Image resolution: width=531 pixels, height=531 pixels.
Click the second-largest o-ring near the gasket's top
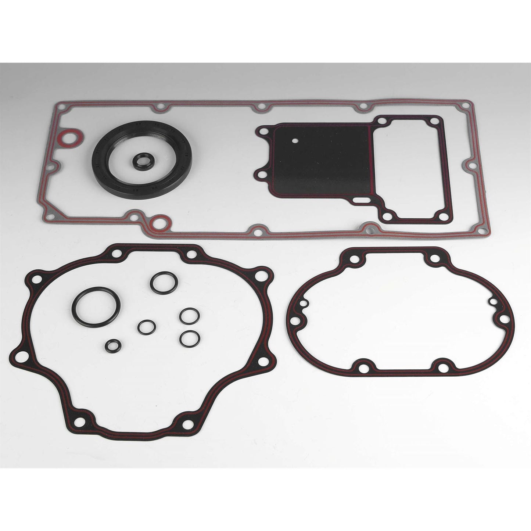tap(164, 283)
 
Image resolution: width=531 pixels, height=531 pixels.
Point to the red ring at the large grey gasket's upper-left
tap(69, 138)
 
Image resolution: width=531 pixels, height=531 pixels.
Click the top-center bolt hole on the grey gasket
tap(261, 107)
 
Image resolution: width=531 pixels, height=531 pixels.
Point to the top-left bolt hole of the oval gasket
tap(354, 259)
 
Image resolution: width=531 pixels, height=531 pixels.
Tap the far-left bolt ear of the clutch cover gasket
tap(21, 356)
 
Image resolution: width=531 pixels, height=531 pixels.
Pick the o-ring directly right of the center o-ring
tap(187, 315)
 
